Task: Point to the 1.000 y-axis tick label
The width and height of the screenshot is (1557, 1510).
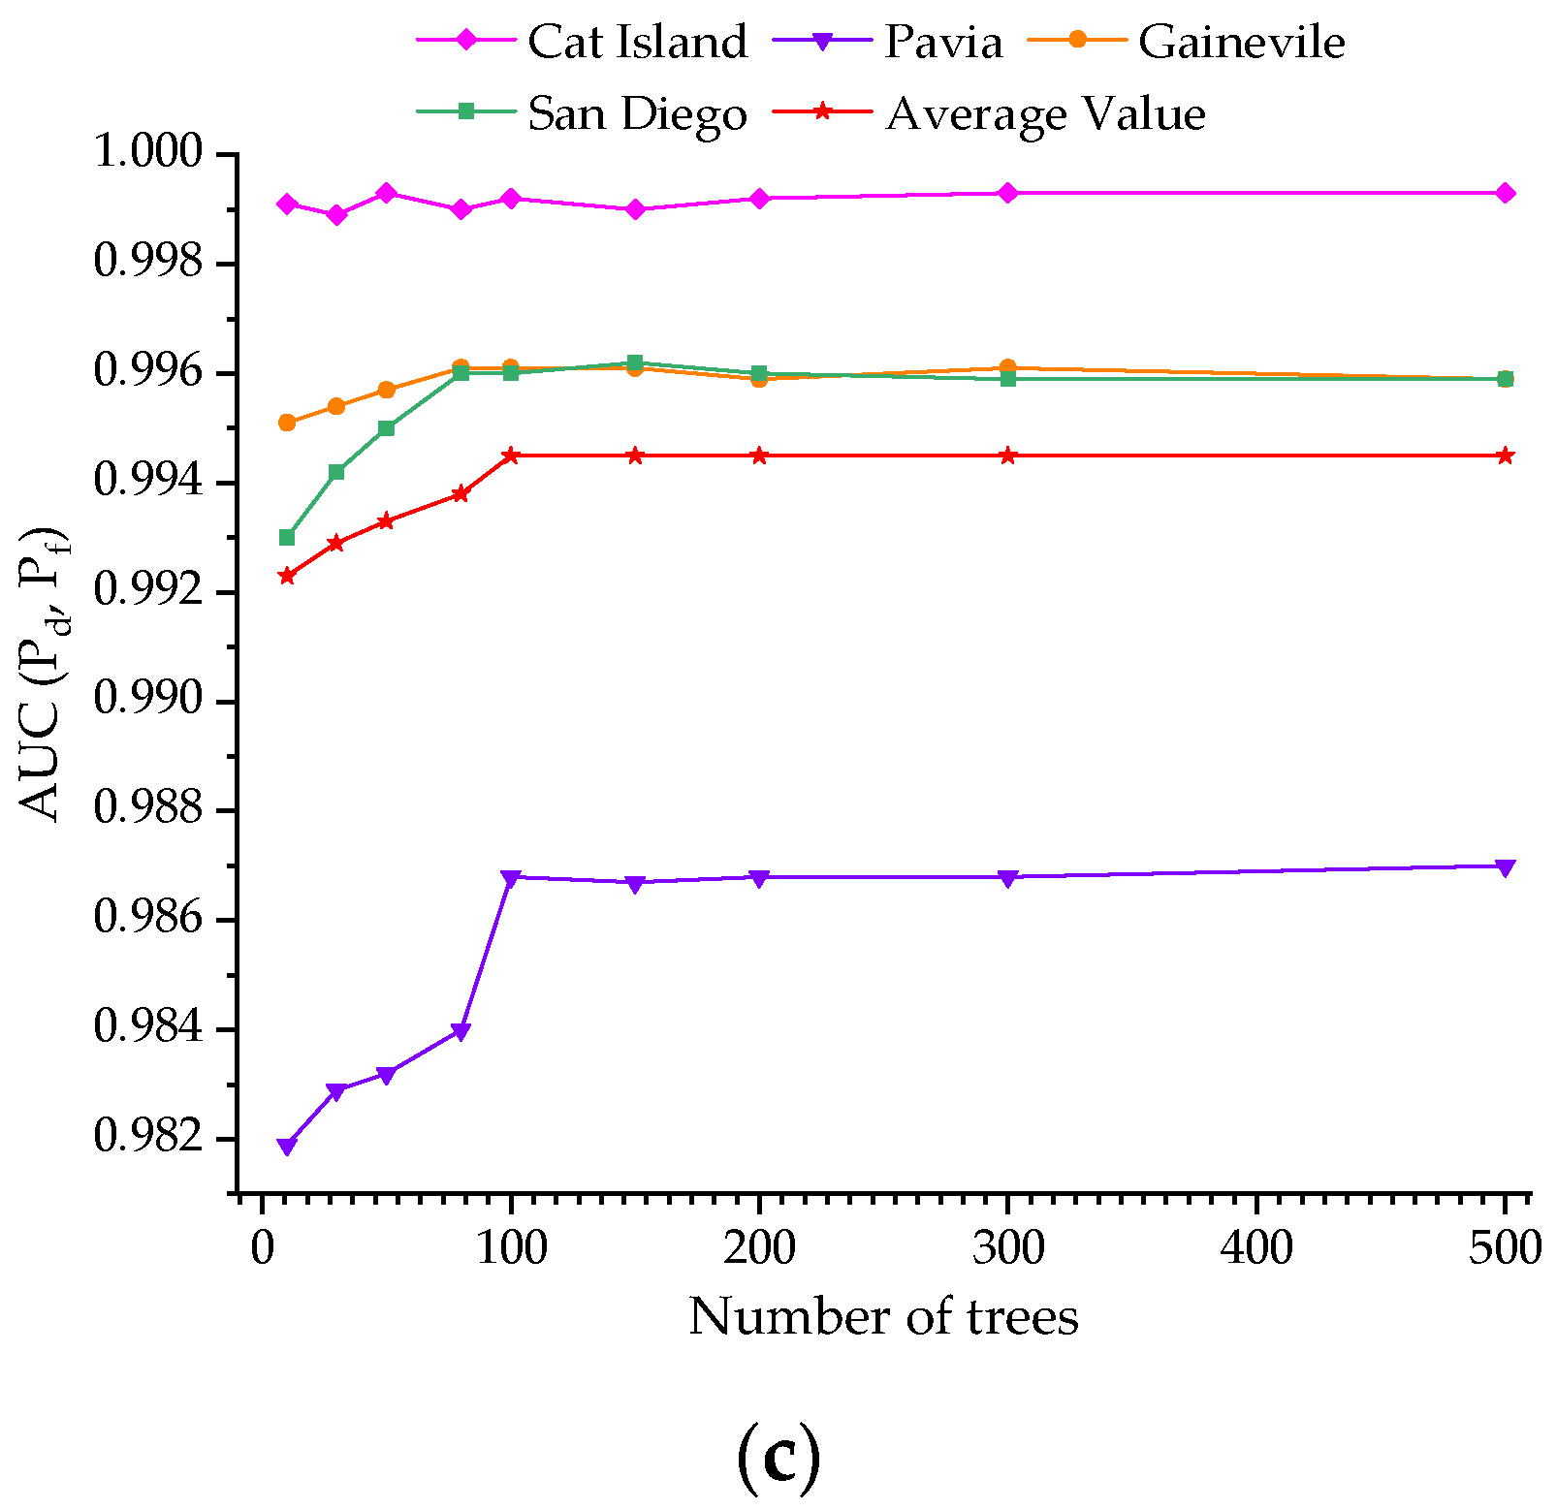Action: click(151, 153)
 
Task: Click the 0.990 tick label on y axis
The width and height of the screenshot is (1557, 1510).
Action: click(151, 701)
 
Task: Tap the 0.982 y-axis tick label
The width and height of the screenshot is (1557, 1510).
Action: click(151, 1138)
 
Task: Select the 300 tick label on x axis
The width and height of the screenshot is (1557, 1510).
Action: click(1008, 1247)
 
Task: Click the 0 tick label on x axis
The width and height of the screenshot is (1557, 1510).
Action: click(262, 1247)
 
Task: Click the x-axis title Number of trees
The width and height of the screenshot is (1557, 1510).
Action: click(883, 1317)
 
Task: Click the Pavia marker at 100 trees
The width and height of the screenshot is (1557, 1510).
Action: click(511, 878)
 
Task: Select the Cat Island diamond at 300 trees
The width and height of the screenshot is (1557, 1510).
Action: click(1008, 193)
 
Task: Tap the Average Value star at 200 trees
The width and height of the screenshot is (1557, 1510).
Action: click(759, 456)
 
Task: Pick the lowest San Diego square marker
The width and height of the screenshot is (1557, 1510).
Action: click(287, 537)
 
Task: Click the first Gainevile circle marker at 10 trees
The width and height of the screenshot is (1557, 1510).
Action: click(287, 423)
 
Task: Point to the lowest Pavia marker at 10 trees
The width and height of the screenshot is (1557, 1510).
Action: click(287, 1147)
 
